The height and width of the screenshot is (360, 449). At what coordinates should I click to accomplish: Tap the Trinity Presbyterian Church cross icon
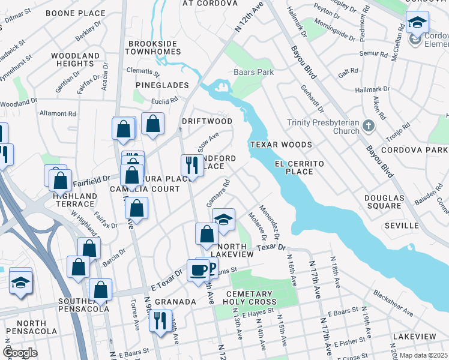pos(369,126)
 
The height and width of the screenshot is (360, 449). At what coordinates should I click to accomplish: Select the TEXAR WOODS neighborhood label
pos(281,145)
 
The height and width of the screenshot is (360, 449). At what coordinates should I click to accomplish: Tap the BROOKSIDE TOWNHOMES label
pos(153,48)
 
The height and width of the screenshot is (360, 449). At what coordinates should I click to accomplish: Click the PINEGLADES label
pos(157,85)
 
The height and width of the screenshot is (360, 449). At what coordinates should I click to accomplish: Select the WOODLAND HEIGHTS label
pos(75,59)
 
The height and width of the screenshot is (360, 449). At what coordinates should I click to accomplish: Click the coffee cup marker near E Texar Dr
pos(197,270)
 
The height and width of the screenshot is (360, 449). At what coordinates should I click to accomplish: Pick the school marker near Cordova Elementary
pos(417,22)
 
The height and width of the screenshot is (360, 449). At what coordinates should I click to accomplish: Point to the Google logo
pos(20,353)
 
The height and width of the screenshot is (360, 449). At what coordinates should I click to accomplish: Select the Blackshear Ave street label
pos(393,304)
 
